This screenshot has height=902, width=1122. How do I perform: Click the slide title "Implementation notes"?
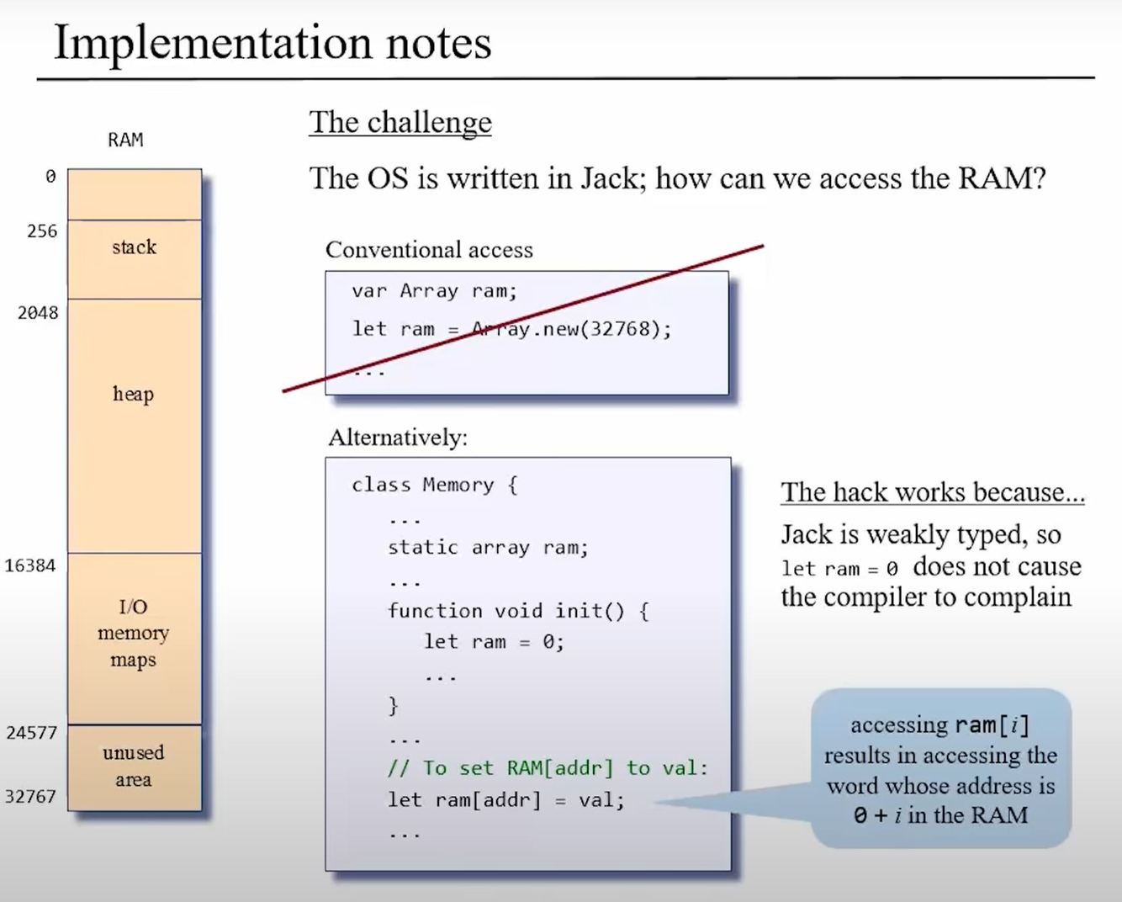click(272, 42)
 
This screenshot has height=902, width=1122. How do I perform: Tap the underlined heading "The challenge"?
click(400, 123)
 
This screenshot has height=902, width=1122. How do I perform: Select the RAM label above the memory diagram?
click(125, 140)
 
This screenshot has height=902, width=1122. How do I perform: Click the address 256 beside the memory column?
click(41, 231)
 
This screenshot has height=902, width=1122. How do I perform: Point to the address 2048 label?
click(38, 313)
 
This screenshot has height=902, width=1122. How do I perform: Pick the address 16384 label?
click(30, 565)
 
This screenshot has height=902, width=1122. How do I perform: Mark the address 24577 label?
click(31, 732)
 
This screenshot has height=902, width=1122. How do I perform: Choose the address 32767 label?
click(30, 796)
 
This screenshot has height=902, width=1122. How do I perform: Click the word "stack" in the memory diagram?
click(134, 247)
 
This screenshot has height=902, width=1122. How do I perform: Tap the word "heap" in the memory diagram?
click(134, 394)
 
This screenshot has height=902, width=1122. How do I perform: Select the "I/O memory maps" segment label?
click(133, 633)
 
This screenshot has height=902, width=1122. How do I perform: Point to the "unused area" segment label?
click(133, 766)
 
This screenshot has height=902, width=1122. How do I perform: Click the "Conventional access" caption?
click(429, 250)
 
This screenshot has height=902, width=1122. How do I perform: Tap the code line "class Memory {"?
click(434, 485)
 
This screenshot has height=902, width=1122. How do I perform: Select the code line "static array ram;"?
click(488, 548)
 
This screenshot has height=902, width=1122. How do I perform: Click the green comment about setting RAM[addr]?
click(548, 768)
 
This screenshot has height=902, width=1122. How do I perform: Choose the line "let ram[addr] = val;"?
click(505, 799)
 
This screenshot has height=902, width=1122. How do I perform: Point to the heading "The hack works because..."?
click(932, 492)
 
